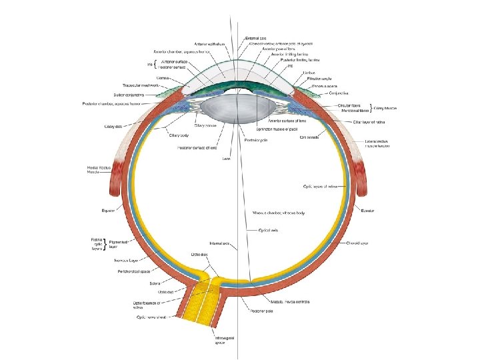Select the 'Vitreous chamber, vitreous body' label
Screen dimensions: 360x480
pos(278,213)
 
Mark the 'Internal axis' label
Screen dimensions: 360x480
pos(219,243)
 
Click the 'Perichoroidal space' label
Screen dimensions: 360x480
pos(133,272)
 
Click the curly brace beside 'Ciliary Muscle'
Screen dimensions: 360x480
pos(371,108)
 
